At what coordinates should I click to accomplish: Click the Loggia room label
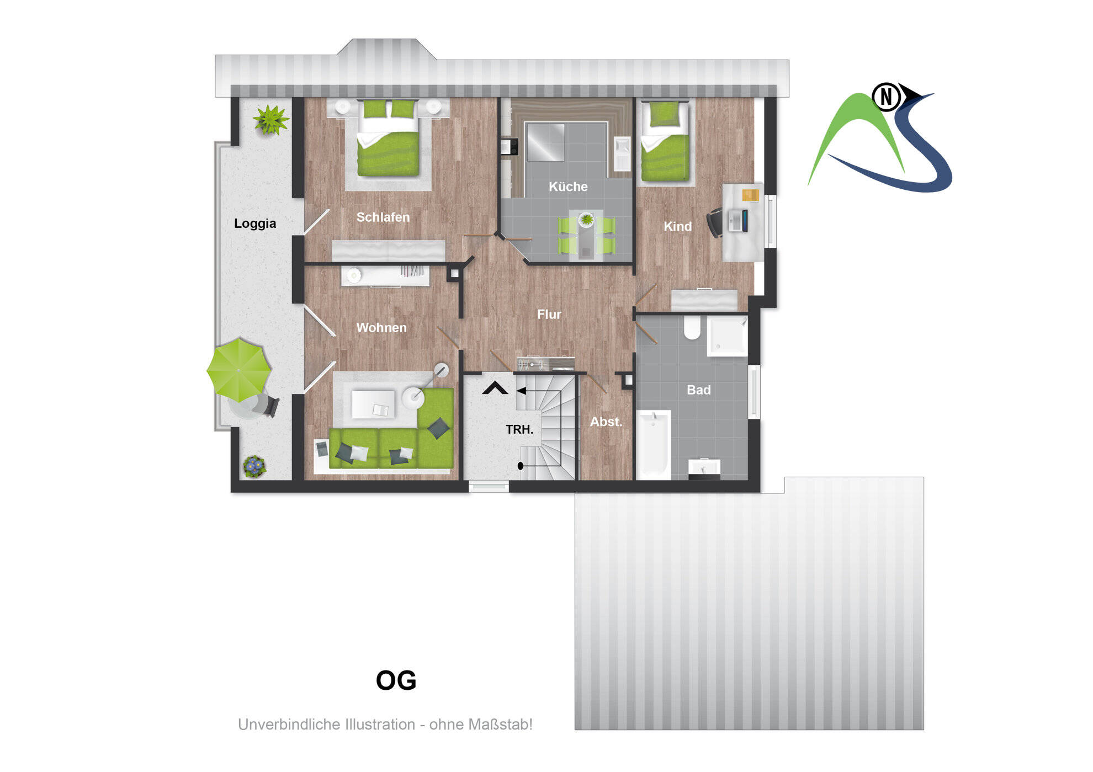click(x=254, y=223)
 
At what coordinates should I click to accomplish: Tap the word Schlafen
click(x=383, y=217)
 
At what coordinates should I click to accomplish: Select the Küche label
click(x=567, y=187)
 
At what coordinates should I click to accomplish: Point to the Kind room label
click(x=677, y=226)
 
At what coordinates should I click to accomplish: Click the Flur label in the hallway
click(x=549, y=315)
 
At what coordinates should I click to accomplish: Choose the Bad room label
click(x=698, y=390)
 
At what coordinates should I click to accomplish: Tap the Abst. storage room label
click(x=606, y=422)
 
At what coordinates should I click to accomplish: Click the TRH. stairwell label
click(x=519, y=429)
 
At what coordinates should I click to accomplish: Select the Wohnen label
click(x=381, y=328)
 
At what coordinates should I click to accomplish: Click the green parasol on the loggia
click(x=238, y=369)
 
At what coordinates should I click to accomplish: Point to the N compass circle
click(x=886, y=97)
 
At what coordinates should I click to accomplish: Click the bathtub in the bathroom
click(x=653, y=444)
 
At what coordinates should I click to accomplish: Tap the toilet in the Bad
click(x=692, y=327)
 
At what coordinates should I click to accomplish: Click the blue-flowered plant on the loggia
click(x=254, y=466)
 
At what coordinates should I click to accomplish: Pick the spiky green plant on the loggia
click(x=270, y=119)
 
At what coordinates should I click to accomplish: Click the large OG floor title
click(x=396, y=680)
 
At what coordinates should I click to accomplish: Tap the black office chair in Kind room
click(x=715, y=222)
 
